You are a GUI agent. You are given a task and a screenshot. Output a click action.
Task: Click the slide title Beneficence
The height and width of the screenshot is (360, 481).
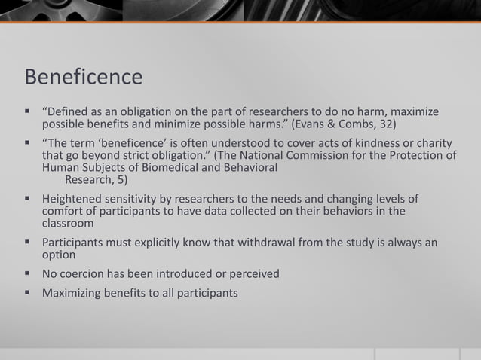tap(84, 77)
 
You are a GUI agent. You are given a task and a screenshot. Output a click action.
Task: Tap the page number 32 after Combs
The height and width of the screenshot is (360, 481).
tap(384, 124)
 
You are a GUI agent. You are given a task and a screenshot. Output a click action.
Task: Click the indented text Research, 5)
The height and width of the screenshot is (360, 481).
tap(96, 180)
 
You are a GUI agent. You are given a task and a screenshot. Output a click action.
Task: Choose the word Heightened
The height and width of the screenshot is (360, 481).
tap(74, 199)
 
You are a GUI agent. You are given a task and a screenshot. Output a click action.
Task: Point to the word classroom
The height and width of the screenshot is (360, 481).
tap(68, 224)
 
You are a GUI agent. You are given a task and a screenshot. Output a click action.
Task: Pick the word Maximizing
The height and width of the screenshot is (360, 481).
tap(75, 292)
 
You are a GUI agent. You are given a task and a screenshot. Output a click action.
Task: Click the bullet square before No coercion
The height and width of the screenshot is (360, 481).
tap(26, 273)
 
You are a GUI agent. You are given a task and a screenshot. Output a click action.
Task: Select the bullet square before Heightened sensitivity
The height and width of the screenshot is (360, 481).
tap(26, 199)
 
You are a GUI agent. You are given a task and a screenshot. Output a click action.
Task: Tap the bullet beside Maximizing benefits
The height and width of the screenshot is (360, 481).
tap(26, 292)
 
